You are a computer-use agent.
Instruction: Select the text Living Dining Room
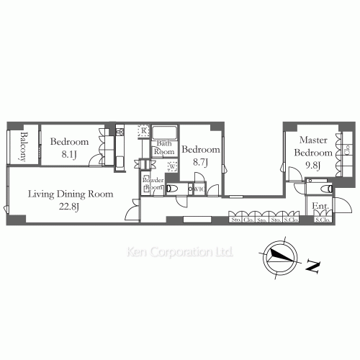(x=71, y=194)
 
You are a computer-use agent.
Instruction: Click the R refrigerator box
(x=144, y=130)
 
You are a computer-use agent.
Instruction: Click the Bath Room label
(x=165, y=148)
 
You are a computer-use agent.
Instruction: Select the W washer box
(x=171, y=166)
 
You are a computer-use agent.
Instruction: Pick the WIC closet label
(x=199, y=189)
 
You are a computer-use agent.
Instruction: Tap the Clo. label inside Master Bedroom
(x=347, y=150)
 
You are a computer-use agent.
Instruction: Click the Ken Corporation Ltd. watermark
(x=179, y=253)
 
